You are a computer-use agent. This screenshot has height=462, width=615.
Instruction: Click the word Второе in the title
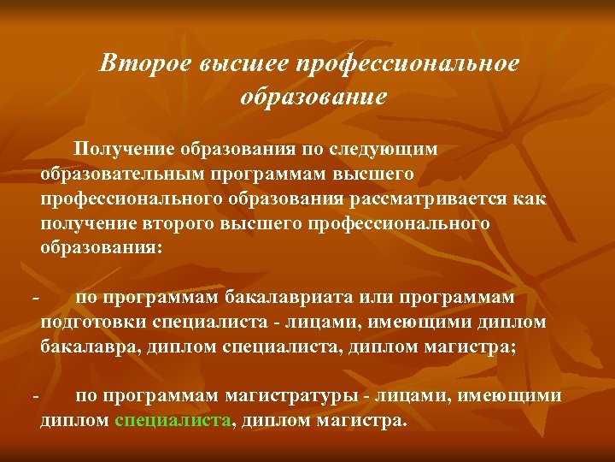[145, 63]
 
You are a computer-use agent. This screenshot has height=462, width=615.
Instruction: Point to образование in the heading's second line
[313, 96]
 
